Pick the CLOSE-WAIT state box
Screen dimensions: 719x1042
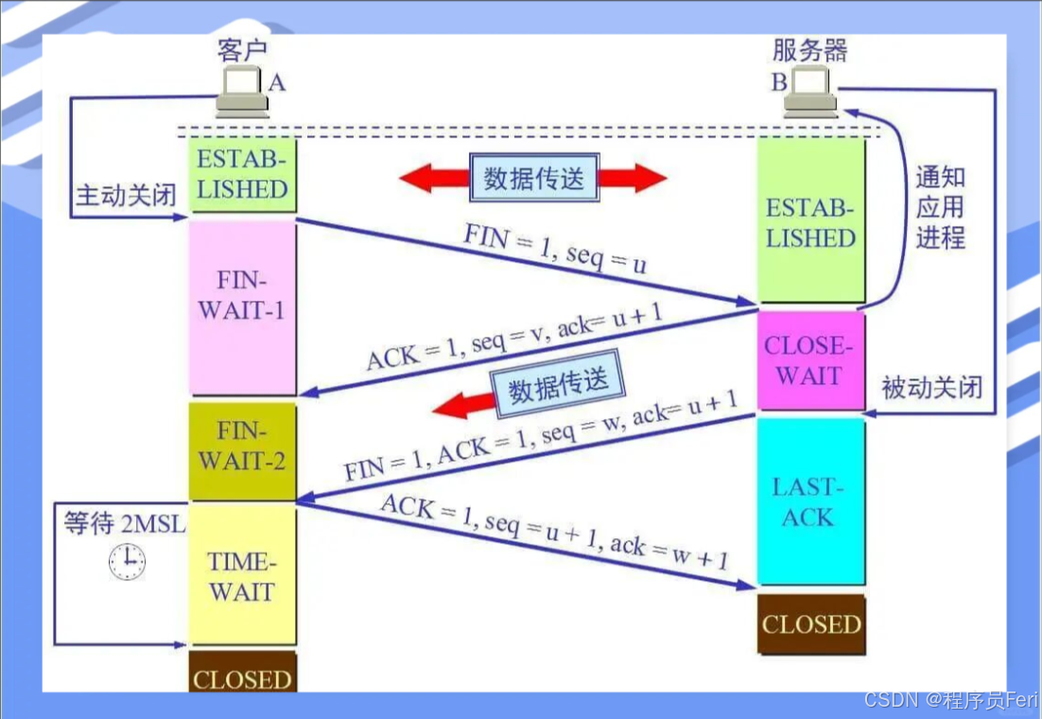[810, 360]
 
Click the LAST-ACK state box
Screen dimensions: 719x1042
[810, 501]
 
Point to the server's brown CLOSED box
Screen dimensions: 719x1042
[810, 624]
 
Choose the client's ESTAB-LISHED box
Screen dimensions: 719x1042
[242, 174]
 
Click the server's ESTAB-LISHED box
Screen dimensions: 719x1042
[810, 223]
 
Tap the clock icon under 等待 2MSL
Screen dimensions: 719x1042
[127, 561]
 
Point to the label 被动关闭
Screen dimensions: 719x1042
[931, 387]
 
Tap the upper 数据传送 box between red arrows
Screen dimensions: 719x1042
[534, 178]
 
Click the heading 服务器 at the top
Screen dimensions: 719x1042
[809, 51]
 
